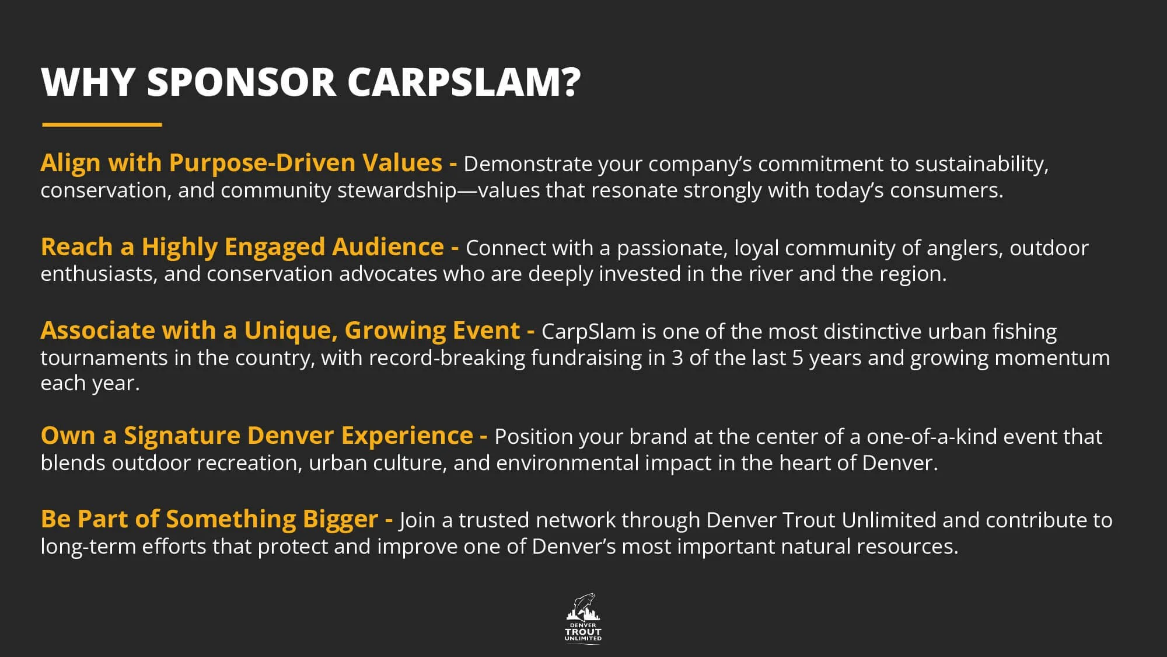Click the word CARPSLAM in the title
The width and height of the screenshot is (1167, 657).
pos(464,82)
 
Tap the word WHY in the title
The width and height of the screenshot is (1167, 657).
pos(89,82)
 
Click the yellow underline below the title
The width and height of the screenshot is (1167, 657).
pos(102,124)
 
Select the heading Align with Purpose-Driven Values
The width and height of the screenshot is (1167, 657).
pos(241,163)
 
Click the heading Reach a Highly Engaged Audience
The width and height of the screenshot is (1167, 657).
pos(242,247)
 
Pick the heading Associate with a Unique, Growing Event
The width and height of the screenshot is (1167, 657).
pos(280,331)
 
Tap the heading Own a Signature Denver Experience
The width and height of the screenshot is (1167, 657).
pos(257,436)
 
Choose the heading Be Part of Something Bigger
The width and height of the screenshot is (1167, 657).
pos(209,520)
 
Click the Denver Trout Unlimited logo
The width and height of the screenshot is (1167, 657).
pos(583,618)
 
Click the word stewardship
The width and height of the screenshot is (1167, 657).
pos(397,191)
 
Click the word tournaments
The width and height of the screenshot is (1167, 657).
pos(104,358)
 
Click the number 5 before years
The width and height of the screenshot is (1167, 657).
pos(798,358)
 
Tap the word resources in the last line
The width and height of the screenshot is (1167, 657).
pos(907,547)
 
